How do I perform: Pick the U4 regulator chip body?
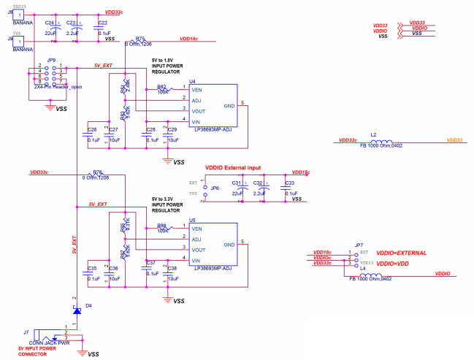[213, 105]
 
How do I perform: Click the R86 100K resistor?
[162, 231]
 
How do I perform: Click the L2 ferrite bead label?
[373, 135]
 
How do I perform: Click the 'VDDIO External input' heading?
[233, 167]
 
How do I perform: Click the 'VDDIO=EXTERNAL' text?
[401, 253]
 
